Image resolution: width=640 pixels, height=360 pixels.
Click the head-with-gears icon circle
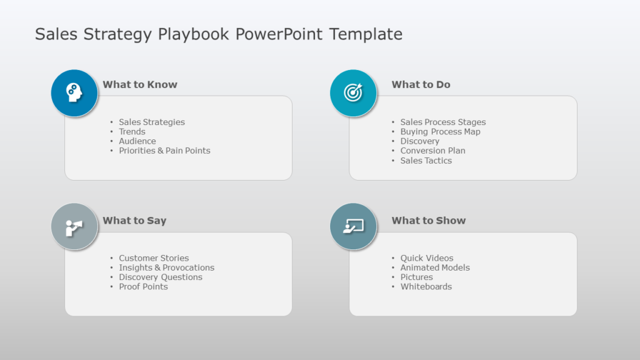coord(74,93)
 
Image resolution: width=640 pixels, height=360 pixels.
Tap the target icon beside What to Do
coord(353,93)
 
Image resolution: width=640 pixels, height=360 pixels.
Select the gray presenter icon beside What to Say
coord(74,227)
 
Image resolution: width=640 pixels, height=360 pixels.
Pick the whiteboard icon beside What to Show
coord(353,227)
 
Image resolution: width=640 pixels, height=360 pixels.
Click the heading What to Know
coord(140,84)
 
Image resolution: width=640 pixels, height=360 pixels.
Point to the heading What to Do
coord(421,84)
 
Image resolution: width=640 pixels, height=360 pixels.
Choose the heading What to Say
coord(134,221)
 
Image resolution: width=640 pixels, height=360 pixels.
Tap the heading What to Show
coord(428,221)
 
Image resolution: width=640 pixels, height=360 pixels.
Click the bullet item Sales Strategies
coord(152,122)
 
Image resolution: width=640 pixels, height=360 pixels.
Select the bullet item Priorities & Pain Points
coord(164,151)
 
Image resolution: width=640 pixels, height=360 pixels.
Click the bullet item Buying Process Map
coord(440,132)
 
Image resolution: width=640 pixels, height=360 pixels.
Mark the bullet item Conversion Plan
coord(432,151)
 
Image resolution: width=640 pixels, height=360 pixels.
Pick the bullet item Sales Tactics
coord(426,161)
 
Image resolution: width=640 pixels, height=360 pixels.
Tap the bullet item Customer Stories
coord(154,258)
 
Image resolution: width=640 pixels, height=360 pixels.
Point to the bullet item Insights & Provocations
coord(166,267)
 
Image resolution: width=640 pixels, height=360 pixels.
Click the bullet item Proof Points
coord(143,287)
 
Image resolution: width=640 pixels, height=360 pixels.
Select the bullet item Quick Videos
coord(427,258)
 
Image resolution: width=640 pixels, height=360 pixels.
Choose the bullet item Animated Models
coord(435,267)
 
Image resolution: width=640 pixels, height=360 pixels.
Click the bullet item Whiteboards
coord(426,287)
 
